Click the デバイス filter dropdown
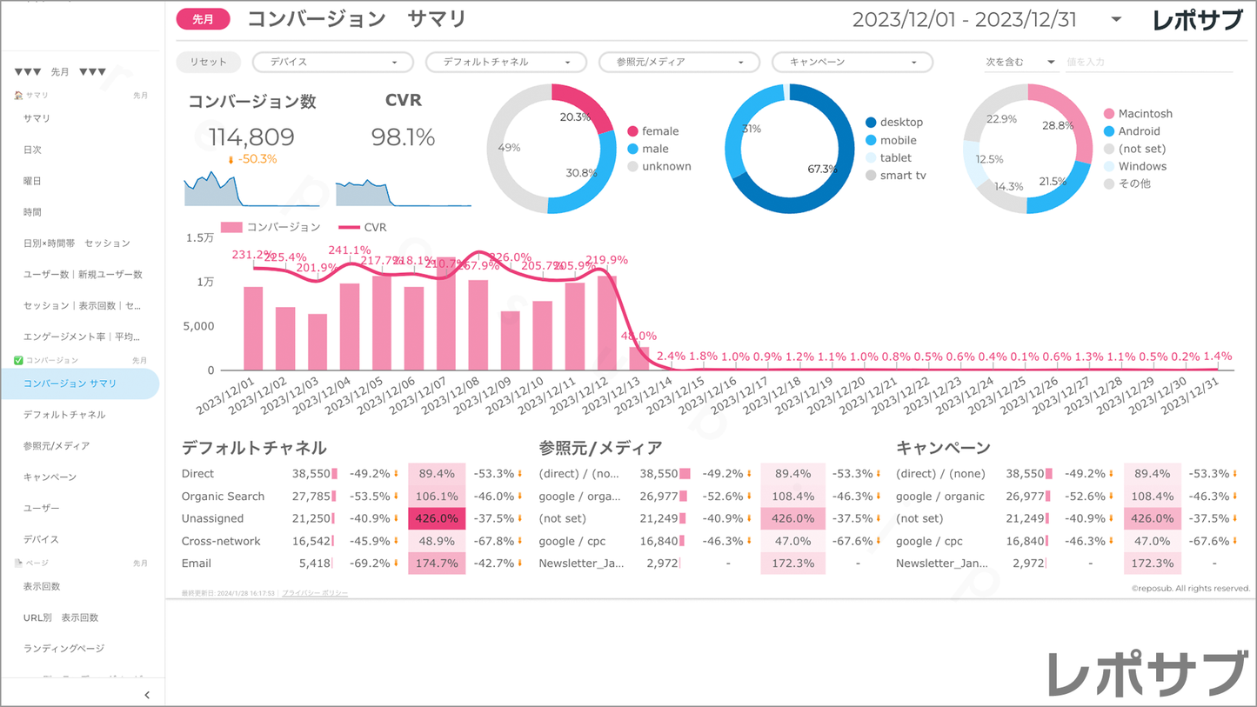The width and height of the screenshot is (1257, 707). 331,63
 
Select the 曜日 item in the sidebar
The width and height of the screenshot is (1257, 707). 32,181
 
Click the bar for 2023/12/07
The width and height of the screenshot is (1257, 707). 446,314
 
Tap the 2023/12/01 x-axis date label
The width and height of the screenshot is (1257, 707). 227,397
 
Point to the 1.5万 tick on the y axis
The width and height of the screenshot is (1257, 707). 200,238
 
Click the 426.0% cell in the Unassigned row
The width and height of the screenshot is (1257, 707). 437,518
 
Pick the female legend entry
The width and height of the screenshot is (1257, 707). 659,131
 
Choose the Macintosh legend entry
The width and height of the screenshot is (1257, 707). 1145,114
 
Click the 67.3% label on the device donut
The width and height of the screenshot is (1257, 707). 822,170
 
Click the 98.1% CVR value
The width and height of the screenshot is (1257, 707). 403,137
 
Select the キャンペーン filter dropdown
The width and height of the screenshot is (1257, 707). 852,63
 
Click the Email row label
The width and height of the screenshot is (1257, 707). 197,564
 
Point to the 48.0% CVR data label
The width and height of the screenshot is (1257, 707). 639,337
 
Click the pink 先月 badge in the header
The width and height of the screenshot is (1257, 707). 203,19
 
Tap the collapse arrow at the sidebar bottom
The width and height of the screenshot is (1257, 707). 146,695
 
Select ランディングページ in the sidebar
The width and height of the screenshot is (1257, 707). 64,649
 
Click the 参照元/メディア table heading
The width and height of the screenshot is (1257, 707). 600,448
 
